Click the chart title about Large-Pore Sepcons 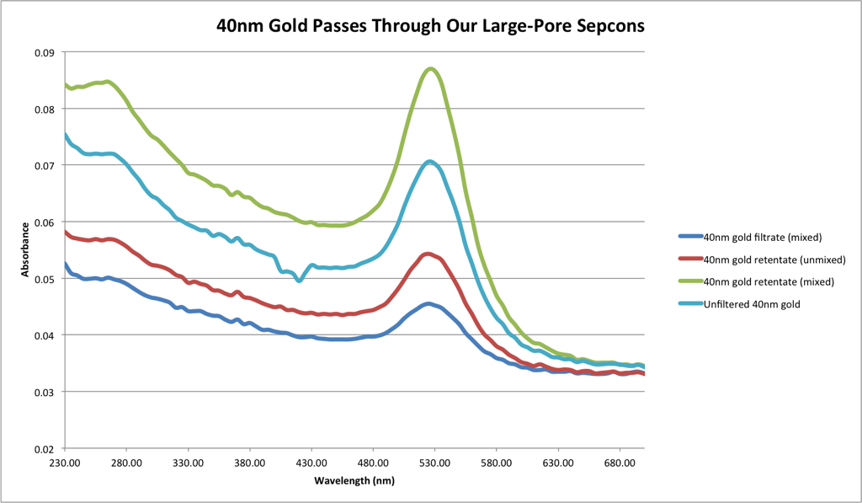pos(430,25)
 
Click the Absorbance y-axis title pos(26,250)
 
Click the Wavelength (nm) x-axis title pos(354,481)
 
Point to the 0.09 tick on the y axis pos(44,52)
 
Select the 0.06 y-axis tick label pos(44,222)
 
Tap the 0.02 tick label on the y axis pos(44,449)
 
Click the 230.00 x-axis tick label pos(64,463)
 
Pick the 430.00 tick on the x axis pos(311,463)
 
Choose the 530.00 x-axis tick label pos(434,463)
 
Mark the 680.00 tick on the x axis pos(620,463)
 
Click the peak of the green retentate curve pos(431,68)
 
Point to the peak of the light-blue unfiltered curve pos(430,161)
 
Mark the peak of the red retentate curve pos(428,253)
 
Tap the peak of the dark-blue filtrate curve pos(428,303)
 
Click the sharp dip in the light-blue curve pos(299,281)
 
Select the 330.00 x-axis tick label pos(188,463)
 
